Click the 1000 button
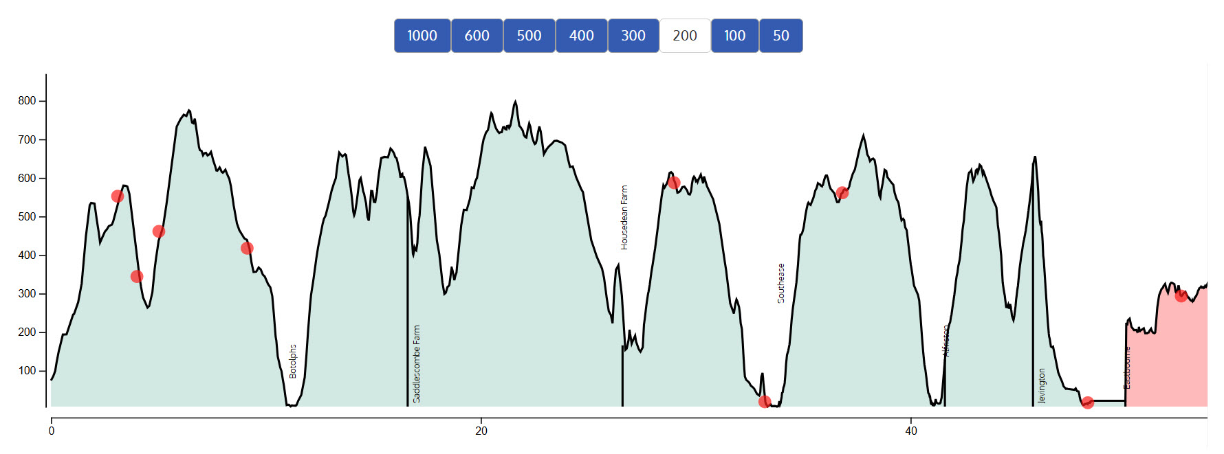(x=422, y=36)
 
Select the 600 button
(x=477, y=36)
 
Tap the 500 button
(x=529, y=36)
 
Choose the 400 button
(x=581, y=36)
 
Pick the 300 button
(x=633, y=36)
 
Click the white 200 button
(x=685, y=36)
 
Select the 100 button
(x=734, y=36)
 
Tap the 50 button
(x=780, y=36)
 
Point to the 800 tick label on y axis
(x=27, y=101)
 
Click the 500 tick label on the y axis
(x=27, y=217)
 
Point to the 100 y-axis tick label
(x=27, y=371)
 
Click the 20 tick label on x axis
(x=481, y=431)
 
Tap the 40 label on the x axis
(x=911, y=431)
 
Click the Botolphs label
(x=293, y=361)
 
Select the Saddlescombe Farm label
(x=417, y=364)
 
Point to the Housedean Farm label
(x=624, y=217)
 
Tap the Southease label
(x=781, y=283)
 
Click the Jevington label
(x=1042, y=386)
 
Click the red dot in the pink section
(x=1181, y=296)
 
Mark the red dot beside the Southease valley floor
(x=765, y=402)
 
